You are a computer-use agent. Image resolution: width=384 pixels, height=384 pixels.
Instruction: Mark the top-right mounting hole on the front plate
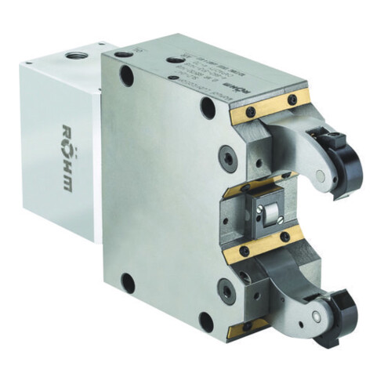coord(208,107)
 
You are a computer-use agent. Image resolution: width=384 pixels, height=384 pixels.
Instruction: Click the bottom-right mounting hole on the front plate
coord(205,321)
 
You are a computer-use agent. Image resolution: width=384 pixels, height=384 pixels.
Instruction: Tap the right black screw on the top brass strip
coord(292,100)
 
